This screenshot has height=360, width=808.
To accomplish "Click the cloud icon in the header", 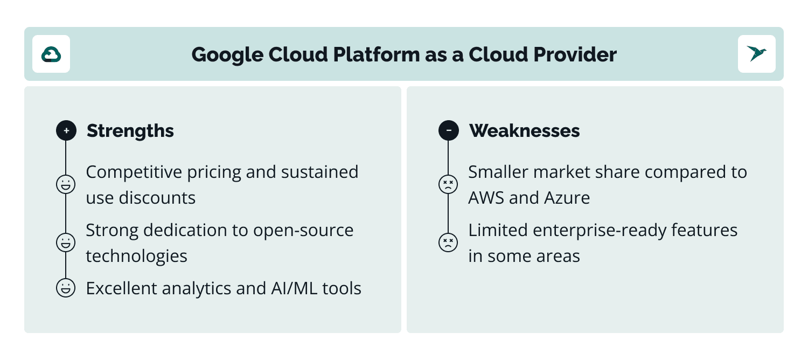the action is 51,54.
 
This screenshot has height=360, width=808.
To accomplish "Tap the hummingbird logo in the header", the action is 756,54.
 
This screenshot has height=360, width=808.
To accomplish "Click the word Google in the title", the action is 227,55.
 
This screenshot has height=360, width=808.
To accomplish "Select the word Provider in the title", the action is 575,54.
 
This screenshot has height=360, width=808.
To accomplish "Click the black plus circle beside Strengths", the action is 66,130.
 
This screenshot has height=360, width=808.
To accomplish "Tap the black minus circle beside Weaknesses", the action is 448,130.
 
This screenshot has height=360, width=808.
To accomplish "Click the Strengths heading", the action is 130,130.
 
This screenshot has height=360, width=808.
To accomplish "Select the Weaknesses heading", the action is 524,130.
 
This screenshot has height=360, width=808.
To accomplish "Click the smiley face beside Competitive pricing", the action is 66,184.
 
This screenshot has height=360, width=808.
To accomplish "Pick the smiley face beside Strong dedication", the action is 66,242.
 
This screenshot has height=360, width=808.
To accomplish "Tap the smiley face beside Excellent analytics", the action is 66,288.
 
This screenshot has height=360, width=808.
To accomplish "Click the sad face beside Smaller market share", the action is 448,184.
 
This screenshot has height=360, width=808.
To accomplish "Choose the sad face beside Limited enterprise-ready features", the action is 448,242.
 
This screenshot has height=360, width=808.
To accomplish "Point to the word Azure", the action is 567,198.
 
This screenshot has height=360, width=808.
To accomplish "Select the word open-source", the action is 303,231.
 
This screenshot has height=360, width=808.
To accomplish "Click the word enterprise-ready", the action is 600,231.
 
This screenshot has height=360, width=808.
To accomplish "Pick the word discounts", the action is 157,198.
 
